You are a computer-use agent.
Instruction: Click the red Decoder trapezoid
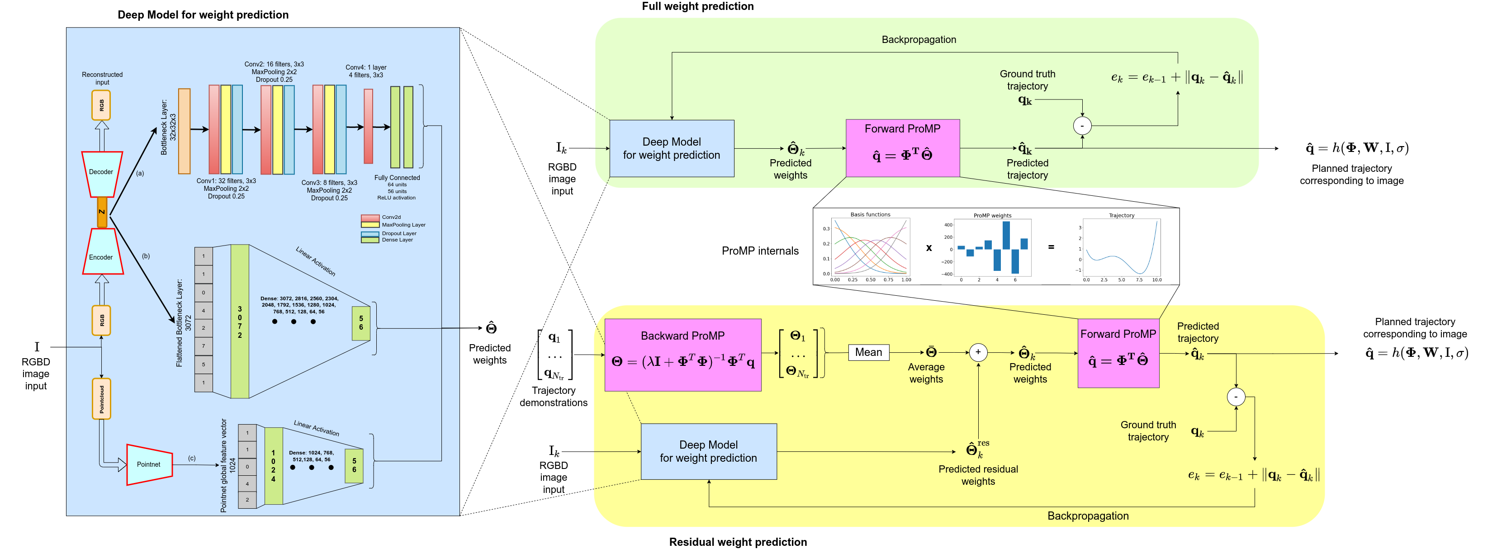(102, 174)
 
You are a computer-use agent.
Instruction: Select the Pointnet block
(149, 464)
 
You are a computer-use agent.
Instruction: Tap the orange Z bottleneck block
(102, 212)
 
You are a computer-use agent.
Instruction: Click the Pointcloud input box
(102, 398)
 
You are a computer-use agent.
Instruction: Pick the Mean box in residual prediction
(868, 353)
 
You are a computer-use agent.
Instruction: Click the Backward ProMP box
(683, 355)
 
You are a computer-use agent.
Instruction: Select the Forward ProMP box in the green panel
(903, 148)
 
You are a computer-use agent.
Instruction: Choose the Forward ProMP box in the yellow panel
(1118, 353)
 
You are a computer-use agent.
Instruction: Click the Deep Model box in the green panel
(672, 149)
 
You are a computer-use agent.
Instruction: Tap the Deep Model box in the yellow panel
(708, 451)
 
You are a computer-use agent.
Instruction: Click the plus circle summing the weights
(978, 352)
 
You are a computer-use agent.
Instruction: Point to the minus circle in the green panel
(1082, 125)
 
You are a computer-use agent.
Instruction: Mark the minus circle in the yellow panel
(1236, 397)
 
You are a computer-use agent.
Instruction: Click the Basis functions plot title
(870, 214)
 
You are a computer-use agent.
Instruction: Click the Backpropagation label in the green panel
(918, 39)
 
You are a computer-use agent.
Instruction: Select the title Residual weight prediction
(738, 541)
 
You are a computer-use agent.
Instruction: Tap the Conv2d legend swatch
(370, 217)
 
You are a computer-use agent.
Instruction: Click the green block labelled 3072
(240, 321)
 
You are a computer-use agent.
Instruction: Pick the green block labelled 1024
(273, 466)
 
